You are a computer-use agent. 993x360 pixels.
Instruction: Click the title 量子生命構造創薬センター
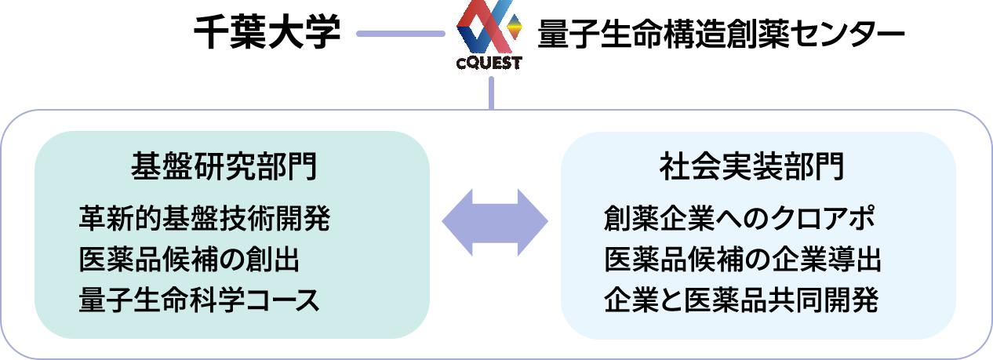click(x=720, y=34)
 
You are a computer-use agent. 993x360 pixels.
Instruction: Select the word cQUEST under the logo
click(x=488, y=64)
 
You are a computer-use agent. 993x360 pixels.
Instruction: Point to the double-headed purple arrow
click(x=495, y=222)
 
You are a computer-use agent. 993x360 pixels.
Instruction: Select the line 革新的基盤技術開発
click(x=205, y=219)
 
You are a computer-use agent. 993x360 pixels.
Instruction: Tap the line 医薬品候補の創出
click(x=189, y=260)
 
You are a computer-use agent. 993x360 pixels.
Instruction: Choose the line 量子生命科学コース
click(x=200, y=300)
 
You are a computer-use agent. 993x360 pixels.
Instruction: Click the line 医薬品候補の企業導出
click(x=743, y=260)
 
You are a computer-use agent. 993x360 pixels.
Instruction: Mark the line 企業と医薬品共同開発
click(x=741, y=300)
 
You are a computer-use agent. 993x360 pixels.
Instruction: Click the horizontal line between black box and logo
click(x=400, y=34)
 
